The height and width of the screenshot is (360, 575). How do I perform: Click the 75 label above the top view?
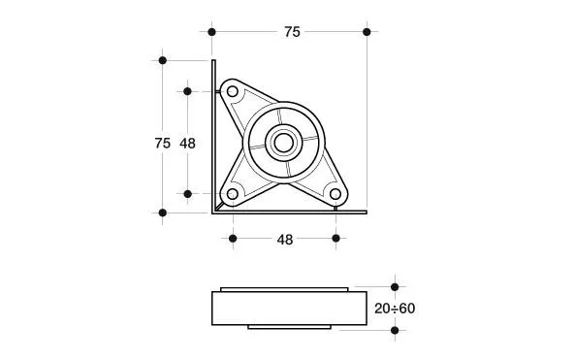tap(292, 32)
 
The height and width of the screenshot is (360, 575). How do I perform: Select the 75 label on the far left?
tap(163, 143)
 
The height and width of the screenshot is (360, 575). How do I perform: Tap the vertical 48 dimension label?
tap(187, 143)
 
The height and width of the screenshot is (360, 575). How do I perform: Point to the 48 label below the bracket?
tap(285, 240)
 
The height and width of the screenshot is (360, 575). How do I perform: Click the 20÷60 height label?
tap(395, 309)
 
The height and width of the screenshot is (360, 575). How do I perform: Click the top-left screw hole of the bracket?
tap(232, 91)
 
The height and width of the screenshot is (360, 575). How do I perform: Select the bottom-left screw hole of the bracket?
tap(232, 194)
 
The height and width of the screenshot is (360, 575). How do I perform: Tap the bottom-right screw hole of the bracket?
tap(335, 194)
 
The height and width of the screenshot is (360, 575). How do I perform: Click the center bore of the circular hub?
tap(284, 143)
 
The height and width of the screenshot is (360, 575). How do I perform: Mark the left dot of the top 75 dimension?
tap(211, 32)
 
